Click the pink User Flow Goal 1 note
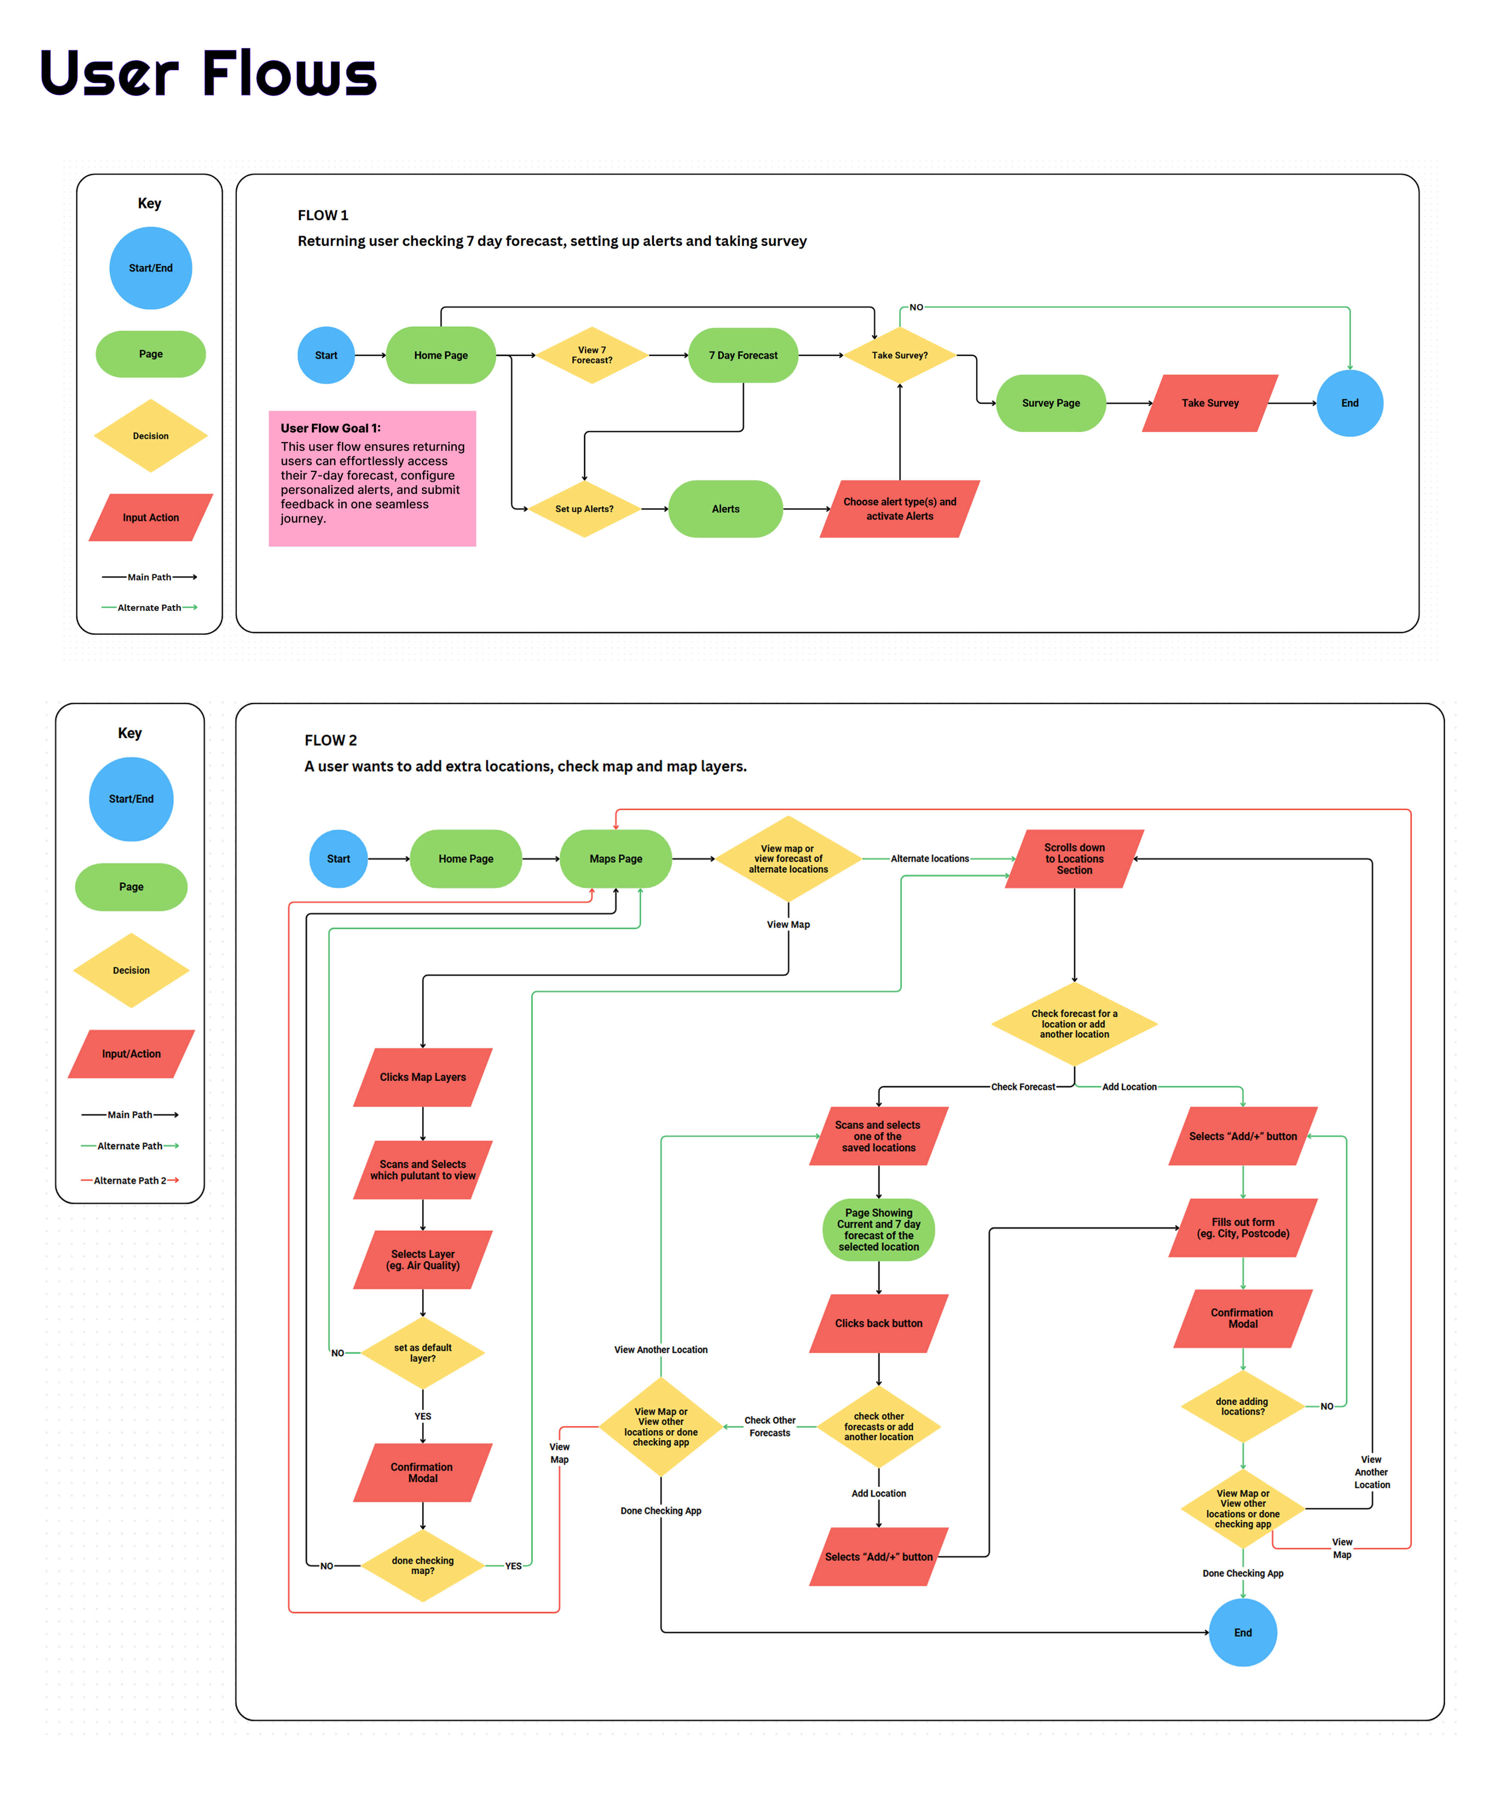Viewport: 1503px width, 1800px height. pos(372,478)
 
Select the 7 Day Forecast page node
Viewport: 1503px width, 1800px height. pos(743,355)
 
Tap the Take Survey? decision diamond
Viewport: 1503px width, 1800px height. pos(900,355)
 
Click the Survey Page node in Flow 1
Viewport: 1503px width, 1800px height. pos(1051,403)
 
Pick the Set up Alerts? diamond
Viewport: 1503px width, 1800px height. pos(584,509)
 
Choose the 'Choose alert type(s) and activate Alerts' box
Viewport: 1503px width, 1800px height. pos(900,509)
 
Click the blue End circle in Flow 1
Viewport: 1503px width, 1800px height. pos(1350,403)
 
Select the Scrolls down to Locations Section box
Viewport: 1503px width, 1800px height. pos(1075,859)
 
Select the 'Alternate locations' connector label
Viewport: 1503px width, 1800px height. pos(930,859)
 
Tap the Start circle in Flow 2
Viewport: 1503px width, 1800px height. pos(338,859)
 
